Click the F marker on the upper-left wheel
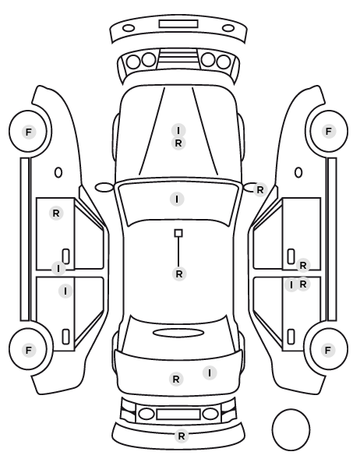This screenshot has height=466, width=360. (29, 132)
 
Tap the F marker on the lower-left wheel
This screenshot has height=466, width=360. (29, 350)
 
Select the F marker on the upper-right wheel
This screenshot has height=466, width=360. (329, 131)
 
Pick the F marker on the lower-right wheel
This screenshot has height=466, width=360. (328, 350)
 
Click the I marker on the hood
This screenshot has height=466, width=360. (178, 130)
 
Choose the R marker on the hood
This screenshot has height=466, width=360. (178, 143)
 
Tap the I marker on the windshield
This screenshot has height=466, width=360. (177, 199)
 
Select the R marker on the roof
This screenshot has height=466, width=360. (179, 274)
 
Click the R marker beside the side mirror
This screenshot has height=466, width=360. (259, 189)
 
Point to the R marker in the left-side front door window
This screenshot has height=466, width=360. (56, 213)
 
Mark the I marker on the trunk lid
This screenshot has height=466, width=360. (210, 372)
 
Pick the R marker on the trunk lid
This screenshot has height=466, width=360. (176, 379)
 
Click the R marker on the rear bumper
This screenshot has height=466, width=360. (182, 436)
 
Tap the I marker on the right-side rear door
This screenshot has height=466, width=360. (291, 285)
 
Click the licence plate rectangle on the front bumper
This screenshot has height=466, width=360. (178, 24)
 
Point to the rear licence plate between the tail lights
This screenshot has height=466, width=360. (178, 414)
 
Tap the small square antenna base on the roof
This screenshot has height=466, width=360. (178, 233)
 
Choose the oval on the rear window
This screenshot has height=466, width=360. (178, 333)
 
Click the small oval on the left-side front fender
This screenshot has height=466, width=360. (58, 172)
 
